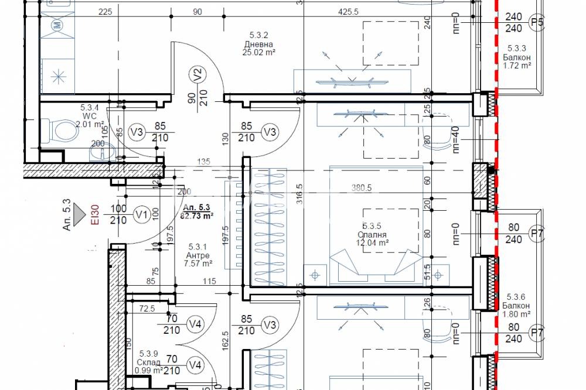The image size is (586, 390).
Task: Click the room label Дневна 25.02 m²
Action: tap(260, 47)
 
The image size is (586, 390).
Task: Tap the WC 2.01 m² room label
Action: tap(89, 112)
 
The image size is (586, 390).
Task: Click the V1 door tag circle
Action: tap(141, 214)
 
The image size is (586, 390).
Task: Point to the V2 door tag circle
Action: tap(197, 74)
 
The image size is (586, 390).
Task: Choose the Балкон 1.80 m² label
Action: tap(516, 310)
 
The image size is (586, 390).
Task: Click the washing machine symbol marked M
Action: tap(57, 25)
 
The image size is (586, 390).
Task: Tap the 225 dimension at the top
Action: tap(105, 12)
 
